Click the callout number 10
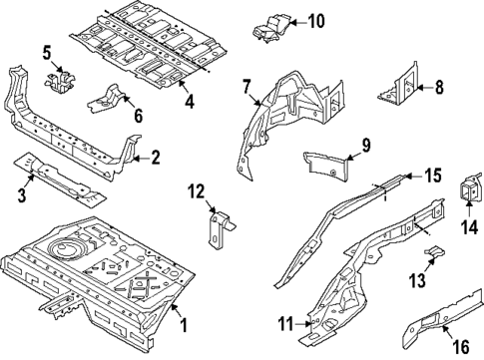pos(315,22)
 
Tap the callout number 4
pos(190,101)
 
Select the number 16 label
pos(461,347)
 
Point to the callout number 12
pos(197,191)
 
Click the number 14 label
pos(469,227)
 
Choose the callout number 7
pos(245,87)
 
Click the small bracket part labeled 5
pos(60,82)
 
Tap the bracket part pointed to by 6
pos(107,99)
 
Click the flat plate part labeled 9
pos(326,166)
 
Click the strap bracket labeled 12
pos(220,229)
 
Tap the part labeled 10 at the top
pos(272,29)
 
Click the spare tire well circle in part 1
pos(63,248)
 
